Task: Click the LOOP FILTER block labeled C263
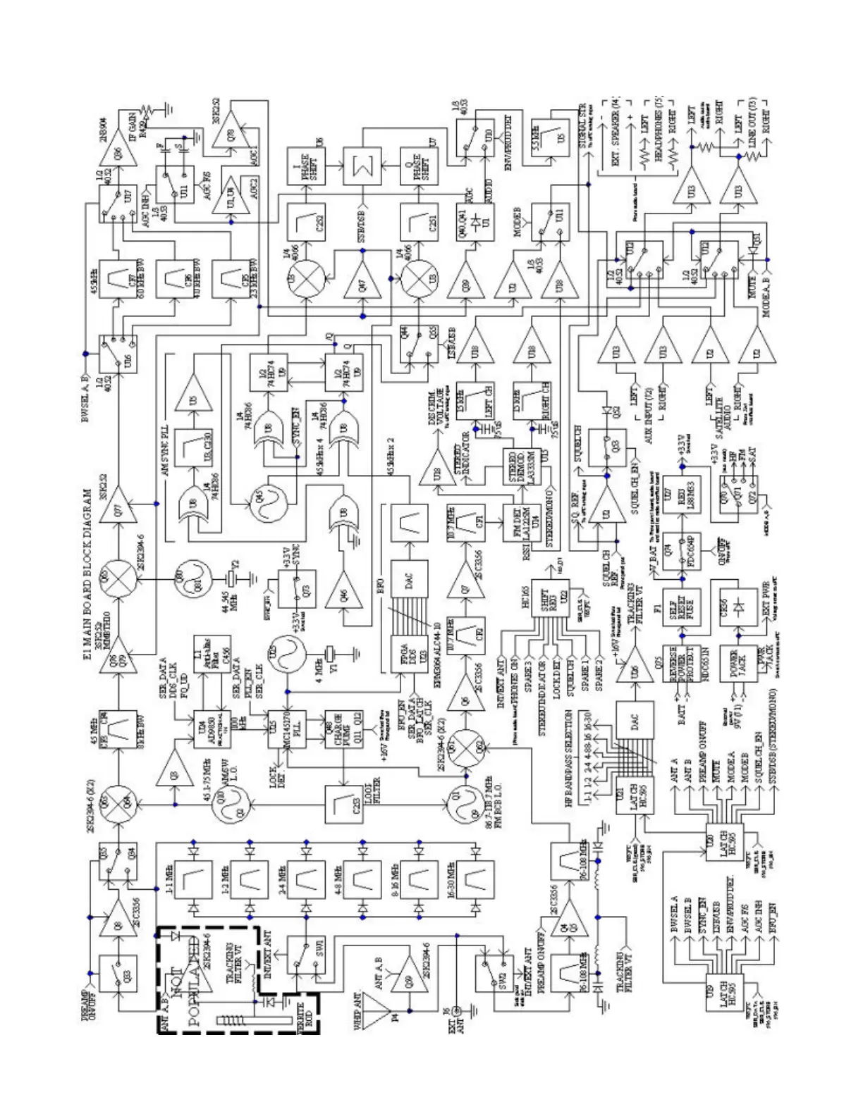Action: tap(344, 804)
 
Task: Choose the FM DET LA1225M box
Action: tap(521, 524)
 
